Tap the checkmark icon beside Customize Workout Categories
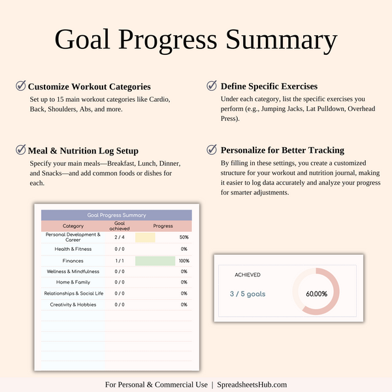click(21, 86)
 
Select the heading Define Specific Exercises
click(269, 86)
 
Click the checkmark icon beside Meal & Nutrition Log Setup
click(21, 150)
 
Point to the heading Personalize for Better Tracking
click(282, 150)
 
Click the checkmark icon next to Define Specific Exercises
click(212, 86)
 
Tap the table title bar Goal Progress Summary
click(116, 215)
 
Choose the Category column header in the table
click(73, 226)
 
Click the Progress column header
click(163, 226)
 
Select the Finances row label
click(73, 261)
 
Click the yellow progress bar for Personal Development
click(145, 237)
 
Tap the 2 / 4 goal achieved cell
click(120, 237)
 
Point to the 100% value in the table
click(184, 261)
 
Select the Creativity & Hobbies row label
click(73, 304)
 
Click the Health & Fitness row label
click(73, 249)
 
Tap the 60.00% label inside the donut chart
click(317, 294)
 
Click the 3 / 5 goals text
click(248, 294)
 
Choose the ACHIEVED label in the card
click(248, 275)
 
